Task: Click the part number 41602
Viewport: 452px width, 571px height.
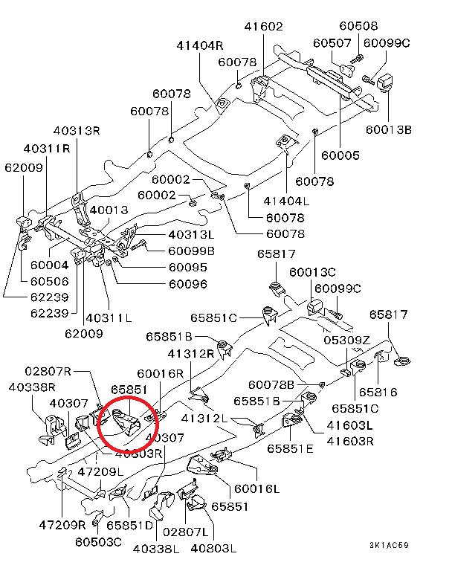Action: point(263,26)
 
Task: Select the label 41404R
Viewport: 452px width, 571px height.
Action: point(200,45)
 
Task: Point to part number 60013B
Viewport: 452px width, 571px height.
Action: point(388,130)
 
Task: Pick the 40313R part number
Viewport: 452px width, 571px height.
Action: point(76,131)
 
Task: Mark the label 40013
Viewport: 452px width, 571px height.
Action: point(109,210)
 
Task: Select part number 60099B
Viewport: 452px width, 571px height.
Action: point(191,251)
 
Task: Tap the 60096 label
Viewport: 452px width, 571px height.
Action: point(187,283)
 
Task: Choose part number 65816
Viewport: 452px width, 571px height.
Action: point(378,392)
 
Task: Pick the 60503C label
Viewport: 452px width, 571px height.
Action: point(98,541)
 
